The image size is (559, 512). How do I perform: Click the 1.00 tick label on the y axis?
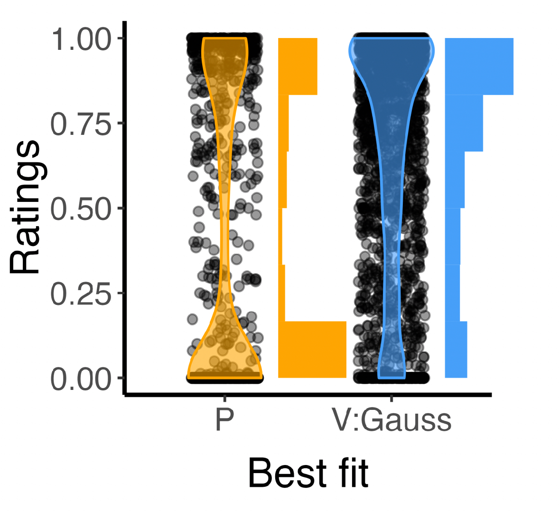pyautogui.click(x=80, y=39)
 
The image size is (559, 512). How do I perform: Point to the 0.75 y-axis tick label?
pyautogui.click(x=80, y=124)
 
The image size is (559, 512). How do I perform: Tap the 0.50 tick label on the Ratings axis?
pyautogui.click(x=80, y=209)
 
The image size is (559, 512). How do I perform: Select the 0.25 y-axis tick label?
pyautogui.click(x=80, y=294)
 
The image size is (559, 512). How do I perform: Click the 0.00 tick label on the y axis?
pyautogui.click(x=80, y=379)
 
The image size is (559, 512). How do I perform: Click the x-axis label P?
pyautogui.click(x=224, y=420)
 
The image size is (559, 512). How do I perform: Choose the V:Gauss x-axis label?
pyautogui.click(x=391, y=420)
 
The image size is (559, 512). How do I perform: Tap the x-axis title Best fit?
pyautogui.click(x=308, y=474)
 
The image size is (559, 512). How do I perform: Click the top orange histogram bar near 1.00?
pyautogui.click(x=298, y=66)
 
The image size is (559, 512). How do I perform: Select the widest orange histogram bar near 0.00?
pyautogui.click(x=312, y=350)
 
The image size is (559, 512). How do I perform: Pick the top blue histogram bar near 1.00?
pyautogui.click(x=479, y=66)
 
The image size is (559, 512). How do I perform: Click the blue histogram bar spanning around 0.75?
pyautogui.click(x=464, y=123)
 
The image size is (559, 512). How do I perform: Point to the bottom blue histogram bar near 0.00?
pyautogui.click(x=456, y=350)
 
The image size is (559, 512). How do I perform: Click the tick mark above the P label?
pyautogui.click(x=224, y=398)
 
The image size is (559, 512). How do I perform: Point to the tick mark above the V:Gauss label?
pyautogui.click(x=391, y=398)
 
